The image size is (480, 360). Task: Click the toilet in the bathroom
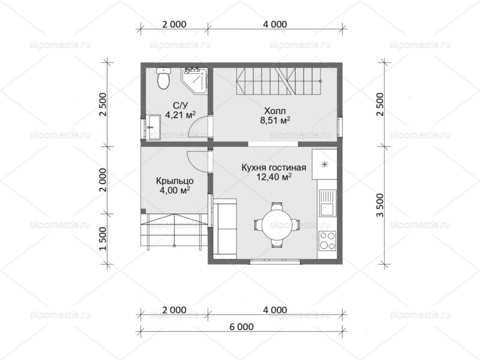tap(163, 79)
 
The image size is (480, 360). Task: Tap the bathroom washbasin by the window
tap(152, 127)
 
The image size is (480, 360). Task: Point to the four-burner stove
tap(327, 241)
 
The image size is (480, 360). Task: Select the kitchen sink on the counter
tap(328, 203)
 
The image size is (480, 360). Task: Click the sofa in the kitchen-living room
tap(224, 227)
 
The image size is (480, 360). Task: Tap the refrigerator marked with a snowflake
tap(325, 164)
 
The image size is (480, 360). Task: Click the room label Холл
tap(275, 110)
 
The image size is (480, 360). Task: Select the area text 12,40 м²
tap(274, 176)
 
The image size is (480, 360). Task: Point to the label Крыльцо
tap(175, 181)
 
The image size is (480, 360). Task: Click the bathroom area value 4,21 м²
tap(181, 115)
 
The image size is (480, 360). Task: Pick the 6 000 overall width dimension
tap(241, 326)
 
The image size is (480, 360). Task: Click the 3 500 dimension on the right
tap(380, 205)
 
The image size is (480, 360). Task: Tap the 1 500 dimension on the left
tap(104, 239)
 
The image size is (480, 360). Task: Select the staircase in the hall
tap(279, 81)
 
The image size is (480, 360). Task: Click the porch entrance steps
tap(173, 231)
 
